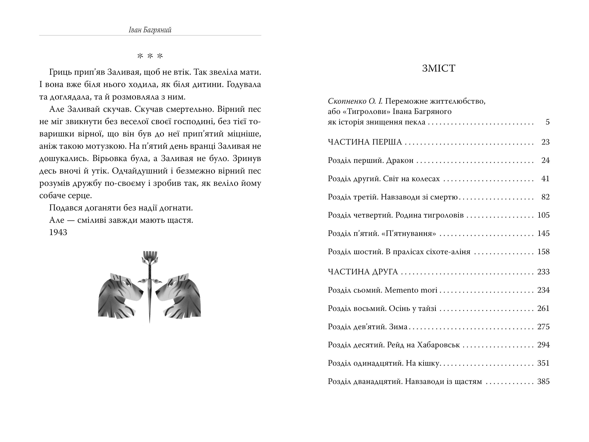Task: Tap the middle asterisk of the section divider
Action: (x=150, y=56)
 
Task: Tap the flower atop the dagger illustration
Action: (x=150, y=257)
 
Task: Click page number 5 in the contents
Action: (x=547, y=122)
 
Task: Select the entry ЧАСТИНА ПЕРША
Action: (x=365, y=142)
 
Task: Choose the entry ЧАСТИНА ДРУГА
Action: (x=363, y=272)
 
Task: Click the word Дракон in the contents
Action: (x=400, y=160)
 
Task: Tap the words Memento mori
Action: (x=411, y=290)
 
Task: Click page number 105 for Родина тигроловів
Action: (x=543, y=215)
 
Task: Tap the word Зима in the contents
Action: (x=398, y=327)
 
